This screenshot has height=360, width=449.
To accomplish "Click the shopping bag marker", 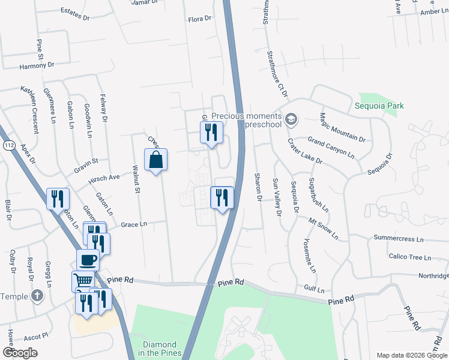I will coord(155,160).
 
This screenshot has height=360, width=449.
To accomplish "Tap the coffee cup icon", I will coord(88,260).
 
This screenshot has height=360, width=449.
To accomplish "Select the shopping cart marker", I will coord(83,280).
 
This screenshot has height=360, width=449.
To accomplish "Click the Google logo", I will coord(20,353).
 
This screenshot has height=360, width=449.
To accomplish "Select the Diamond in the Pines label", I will coord(160,349).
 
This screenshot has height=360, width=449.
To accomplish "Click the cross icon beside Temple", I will coord(37,296).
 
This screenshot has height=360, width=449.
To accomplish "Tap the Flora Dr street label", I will coord(200,19).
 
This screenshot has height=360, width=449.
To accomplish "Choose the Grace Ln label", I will coord(134,224).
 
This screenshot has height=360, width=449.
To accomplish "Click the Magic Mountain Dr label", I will coord(342,128).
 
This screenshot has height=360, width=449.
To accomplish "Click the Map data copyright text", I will coord(411,355).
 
